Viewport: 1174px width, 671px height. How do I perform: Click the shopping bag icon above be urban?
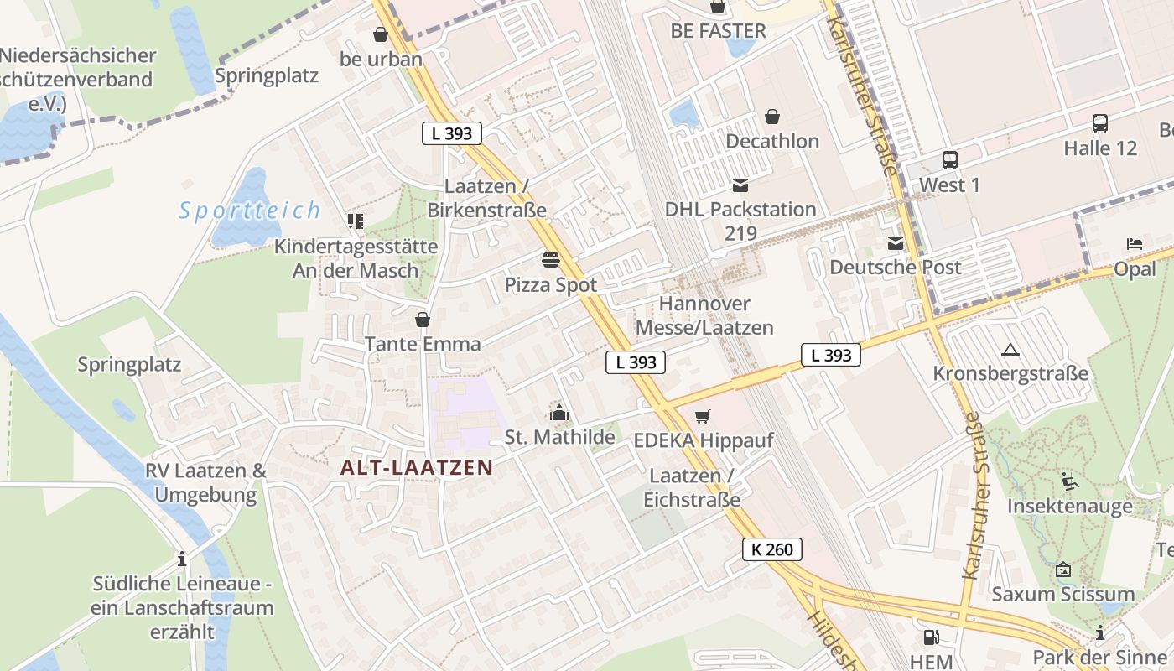[x=381, y=34]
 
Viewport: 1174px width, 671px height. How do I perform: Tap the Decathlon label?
[x=772, y=141]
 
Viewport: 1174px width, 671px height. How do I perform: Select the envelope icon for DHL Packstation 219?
[x=740, y=185]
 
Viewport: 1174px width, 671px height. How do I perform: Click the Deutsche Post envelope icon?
[x=896, y=243]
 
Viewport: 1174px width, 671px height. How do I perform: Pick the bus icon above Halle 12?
[x=1100, y=123]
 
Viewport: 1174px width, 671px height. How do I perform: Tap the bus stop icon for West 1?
[x=949, y=160]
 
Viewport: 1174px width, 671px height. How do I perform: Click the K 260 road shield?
[x=772, y=549]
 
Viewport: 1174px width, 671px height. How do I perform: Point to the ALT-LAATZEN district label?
[x=416, y=468]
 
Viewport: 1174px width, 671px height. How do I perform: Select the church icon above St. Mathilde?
[x=559, y=413]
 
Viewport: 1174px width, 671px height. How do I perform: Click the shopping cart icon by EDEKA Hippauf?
[x=703, y=416]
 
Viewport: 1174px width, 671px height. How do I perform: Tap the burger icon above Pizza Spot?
[x=551, y=260]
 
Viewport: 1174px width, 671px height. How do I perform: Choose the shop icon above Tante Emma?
[x=423, y=320]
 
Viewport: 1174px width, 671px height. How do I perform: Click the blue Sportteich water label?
[x=250, y=211]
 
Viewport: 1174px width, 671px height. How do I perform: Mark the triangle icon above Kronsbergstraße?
[x=1010, y=350]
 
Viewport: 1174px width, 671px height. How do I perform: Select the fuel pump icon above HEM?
[x=930, y=637]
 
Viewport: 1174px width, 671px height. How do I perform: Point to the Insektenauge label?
[x=1069, y=507]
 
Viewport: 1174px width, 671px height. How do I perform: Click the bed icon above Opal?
[x=1135, y=244]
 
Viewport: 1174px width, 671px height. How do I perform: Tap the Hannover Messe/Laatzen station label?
[x=704, y=315]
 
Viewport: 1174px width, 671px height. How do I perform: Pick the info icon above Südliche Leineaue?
[x=182, y=559]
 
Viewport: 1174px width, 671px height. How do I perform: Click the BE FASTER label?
[x=718, y=31]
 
